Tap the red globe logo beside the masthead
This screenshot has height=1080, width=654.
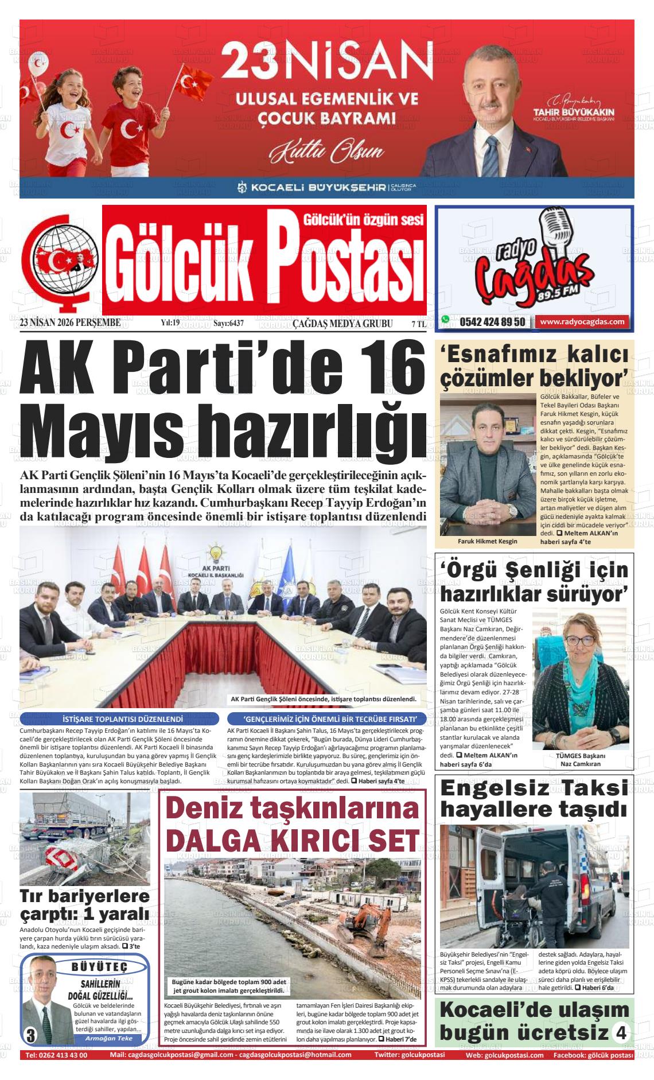pyautogui.click(x=57, y=257)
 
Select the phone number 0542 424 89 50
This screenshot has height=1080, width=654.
pyautogui.click(x=492, y=323)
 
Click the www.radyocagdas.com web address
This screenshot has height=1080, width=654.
pyautogui.click(x=582, y=322)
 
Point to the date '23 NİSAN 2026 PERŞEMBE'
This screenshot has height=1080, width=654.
pyautogui.click(x=70, y=323)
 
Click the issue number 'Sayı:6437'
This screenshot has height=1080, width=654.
pyautogui.click(x=228, y=324)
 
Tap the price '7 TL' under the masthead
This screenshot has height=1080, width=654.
pyautogui.click(x=419, y=324)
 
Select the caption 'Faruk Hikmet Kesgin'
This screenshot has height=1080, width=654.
pyautogui.click(x=487, y=541)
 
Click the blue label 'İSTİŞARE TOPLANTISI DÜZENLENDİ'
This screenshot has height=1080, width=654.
pyautogui.click(x=119, y=718)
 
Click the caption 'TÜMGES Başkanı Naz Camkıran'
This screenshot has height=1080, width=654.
pyautogui.click(x=580, y=760)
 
